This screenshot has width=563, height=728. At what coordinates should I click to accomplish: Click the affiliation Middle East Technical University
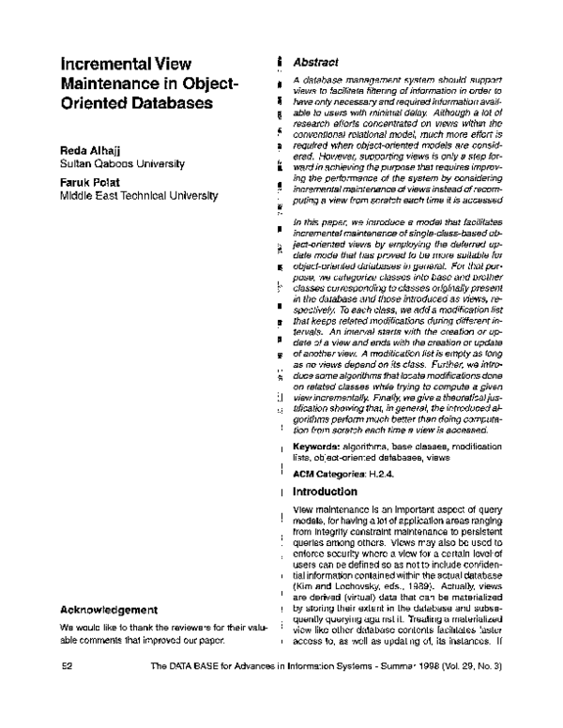(x=138, y=196)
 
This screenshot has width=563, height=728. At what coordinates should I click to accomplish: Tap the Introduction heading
(x=325, y=492)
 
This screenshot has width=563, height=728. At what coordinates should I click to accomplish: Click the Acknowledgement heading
(x=114, y=611)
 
